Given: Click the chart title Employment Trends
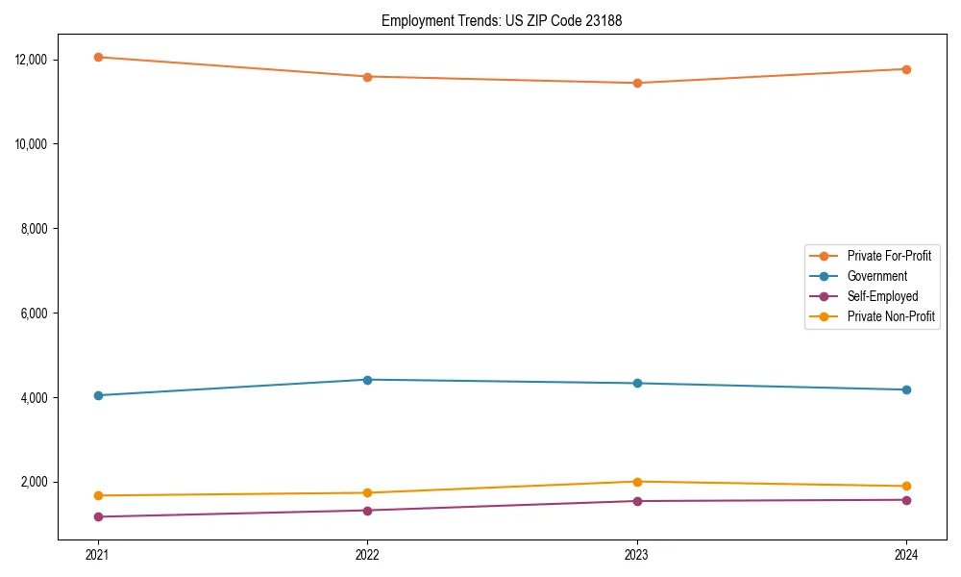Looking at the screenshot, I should tap(502, 20).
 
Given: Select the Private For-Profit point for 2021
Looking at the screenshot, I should tap(98, 57).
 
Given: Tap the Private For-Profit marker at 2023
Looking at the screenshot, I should tap(636, 83).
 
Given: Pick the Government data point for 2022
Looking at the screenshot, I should tap(367, 380).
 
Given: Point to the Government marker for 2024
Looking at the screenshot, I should tap(906, 389).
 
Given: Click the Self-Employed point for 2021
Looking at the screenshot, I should tap(98, 517).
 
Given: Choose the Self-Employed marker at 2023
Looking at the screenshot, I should tap(636, 501).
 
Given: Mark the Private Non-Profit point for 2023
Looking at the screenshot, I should tap(636, 482).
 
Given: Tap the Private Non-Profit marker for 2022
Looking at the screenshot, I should tap(367, 493).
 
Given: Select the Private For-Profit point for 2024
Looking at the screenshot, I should tap(906, 69).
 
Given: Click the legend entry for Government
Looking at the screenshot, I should tap(876, 276).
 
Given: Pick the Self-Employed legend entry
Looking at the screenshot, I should tap(882, 296).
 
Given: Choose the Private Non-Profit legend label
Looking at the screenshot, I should tap(891, 316).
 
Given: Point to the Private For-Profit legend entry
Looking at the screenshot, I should tap(888, 256).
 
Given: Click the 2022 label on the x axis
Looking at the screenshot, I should tap(367, 555).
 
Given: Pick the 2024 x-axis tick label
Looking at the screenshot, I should tap(906, 555).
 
